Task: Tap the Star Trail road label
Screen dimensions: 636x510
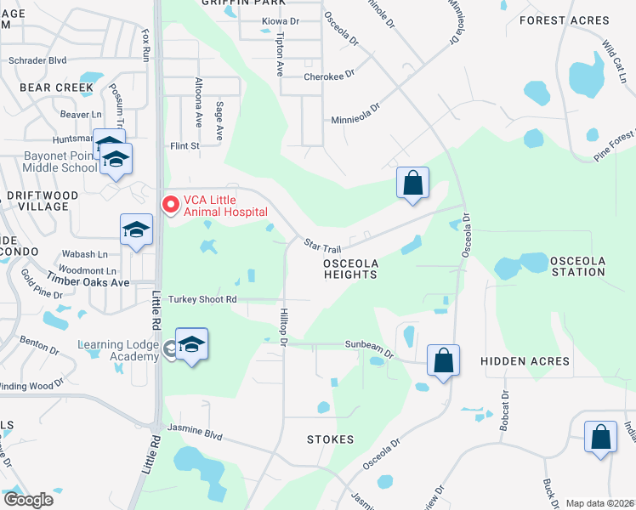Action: (x=322, y=246)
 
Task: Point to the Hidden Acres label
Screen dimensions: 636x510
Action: (x=525, y=361)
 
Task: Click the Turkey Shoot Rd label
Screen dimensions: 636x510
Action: (x=202, y=299)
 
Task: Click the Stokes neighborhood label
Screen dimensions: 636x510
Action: (x=330, y=439)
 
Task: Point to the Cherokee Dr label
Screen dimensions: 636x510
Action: (x=329, y=76)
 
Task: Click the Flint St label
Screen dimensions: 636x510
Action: (x=184, y=145)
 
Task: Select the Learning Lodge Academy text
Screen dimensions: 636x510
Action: (x=118, y=350)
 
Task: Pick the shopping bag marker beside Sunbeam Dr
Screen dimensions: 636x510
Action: (x=443, y=360)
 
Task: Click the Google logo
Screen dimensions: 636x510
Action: (x=27, y=500)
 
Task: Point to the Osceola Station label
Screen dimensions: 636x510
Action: (x=565, y=266)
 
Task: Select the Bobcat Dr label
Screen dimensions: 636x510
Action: (x=504, y=406)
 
